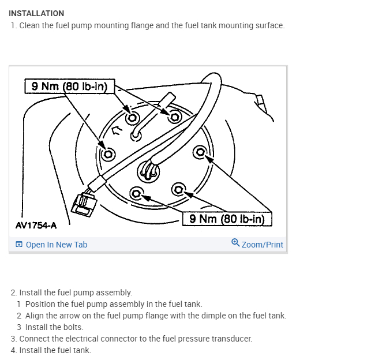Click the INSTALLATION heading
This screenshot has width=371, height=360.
tap(36, 13)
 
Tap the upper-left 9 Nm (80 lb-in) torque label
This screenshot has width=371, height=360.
tap(69, 86)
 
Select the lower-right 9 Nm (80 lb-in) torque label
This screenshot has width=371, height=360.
tap(227, 219)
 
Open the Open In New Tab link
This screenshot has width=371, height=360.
tap(57, 245)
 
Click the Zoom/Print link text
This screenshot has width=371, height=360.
tap(263, 245)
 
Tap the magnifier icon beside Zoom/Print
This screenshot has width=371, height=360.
tap(235, 243)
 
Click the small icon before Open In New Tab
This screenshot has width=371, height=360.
tap(19, 245)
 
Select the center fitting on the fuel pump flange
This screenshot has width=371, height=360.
tap(149, 171)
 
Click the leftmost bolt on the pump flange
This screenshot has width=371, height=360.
tap(107, 154)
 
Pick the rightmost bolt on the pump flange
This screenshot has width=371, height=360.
tap(201, 152)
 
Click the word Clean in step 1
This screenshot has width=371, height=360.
tap(29, 26)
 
